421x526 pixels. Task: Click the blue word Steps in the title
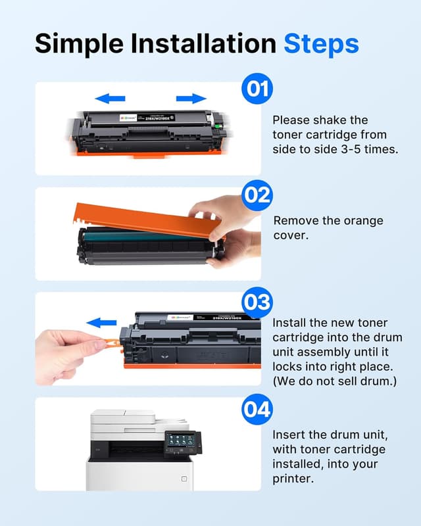(321, 43)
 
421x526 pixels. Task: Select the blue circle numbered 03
(257, 302)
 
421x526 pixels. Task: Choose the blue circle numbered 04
(257, 410)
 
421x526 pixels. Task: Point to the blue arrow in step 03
(101, 323)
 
